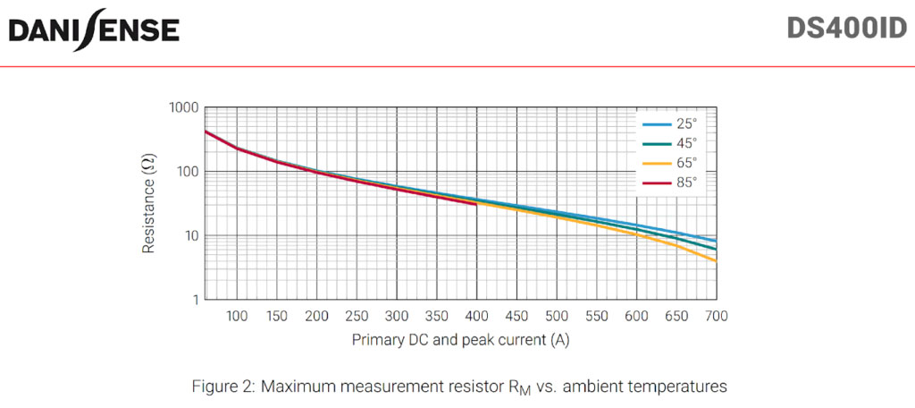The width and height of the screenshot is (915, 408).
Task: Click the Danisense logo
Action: [94, 30]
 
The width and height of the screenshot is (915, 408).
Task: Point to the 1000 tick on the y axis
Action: [183, 107]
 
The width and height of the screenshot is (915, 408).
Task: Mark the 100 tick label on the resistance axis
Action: [187, 172]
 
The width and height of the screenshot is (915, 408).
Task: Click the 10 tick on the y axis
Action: [190, 236]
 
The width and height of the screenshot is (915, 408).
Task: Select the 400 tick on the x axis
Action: [477, 317]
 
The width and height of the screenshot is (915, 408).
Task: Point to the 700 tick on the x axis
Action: [716, 317]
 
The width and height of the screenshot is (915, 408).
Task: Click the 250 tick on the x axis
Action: [357, 317]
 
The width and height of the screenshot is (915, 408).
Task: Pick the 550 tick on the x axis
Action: [597, 317]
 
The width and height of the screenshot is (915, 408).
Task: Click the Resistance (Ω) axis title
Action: [149, 203]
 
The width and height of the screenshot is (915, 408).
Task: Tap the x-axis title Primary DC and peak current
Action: [460, 341]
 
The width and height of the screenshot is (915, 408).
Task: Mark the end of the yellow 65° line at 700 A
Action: [716, 260]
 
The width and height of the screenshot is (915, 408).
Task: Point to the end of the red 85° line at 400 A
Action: [477, 204]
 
